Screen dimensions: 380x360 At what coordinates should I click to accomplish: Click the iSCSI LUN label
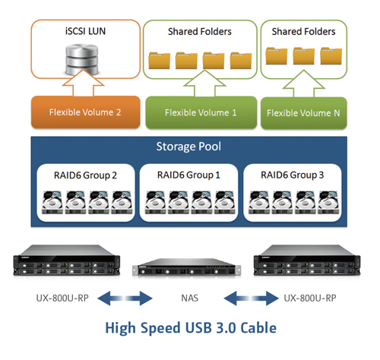(x=85, y=31)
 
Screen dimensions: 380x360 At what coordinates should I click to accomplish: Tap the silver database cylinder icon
(x=81, y=59)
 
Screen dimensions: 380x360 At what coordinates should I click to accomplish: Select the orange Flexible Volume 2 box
(x=86, y=112)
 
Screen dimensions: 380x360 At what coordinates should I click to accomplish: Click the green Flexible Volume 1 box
(x=201, y=112)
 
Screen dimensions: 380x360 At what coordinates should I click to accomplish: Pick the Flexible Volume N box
(x=304, y=113)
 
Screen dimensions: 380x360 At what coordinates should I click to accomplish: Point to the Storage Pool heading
(x=188, y=147)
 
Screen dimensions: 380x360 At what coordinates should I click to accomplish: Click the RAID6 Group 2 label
(x=85, y=175)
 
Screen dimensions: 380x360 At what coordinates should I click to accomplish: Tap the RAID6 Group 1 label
(x=188, y=175)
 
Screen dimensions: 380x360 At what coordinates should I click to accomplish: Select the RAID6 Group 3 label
(x=293, y=175)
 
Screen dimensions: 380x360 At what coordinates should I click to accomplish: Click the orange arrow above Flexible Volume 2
(x=84, y=84)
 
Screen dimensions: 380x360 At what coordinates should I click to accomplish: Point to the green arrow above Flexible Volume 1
(x=204, y=84)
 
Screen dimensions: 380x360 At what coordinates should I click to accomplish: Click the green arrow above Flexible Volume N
(x=304, y=84)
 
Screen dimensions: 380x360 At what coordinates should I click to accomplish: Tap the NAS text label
(x=190, y=298)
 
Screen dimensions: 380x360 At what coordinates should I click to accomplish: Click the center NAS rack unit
(x=187, y=267)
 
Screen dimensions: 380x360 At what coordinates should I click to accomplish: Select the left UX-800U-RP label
(x=62, y=298)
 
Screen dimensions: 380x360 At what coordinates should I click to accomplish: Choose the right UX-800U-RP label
(x=310, y=298)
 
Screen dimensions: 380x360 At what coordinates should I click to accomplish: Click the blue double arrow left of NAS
(x=125, y=298)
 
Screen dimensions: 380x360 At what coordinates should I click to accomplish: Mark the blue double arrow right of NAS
(x=251, y=298)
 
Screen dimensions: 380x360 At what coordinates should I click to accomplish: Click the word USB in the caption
(x=198, y=327)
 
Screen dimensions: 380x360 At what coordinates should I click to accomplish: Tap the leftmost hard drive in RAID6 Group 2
(x=52, y=203)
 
